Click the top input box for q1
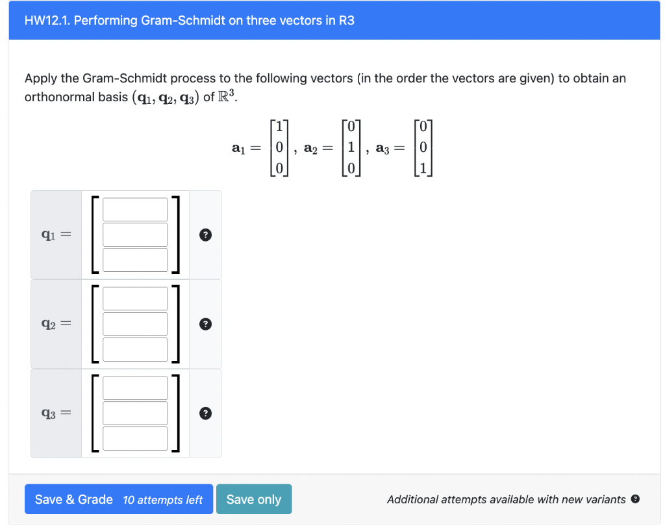(x=135, y=209)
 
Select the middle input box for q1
(x=135, y=234)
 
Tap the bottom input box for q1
(x=135, y=260)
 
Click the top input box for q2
(x=135, y=299)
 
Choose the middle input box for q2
(x=135, y=324)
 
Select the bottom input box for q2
(x=135, y=349)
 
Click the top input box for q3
(x=135, y=388)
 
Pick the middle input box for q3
(x=135, y=413)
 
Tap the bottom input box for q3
(x=135, y=438)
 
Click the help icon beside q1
(x=205, y=235)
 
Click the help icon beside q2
(x=205, y=324)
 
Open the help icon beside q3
(x=205, y=413)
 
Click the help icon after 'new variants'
(x=635, y=499)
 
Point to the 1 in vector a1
(x=278, y=127)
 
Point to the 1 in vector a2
(x=351, y=147)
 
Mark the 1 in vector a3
(x=423, y=169)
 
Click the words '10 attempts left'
(x=162, y=500)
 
